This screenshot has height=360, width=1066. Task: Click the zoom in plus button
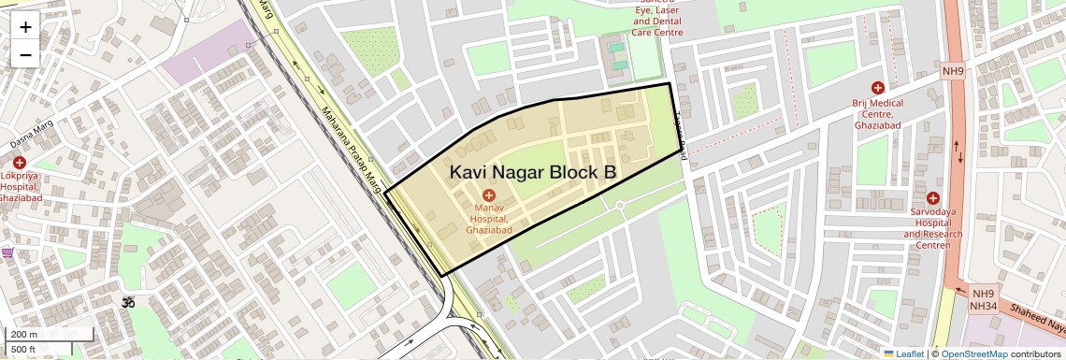[25, 27]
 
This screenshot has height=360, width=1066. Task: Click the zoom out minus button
[25, 54]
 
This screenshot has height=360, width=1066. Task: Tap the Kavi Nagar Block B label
[532, 172]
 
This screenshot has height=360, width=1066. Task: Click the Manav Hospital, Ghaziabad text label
[488, 217]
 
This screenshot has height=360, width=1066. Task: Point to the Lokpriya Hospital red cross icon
[20, 163]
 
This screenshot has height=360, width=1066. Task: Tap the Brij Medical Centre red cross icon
[877, 87]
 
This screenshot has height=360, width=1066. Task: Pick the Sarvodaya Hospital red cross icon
[932, 197]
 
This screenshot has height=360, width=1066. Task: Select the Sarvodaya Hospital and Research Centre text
[932, 228]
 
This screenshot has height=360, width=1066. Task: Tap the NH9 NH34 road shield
[981, 298]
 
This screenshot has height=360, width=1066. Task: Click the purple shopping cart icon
[7, 252]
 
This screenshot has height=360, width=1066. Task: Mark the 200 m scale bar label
[24, 334]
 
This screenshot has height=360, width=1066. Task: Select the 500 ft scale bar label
[23, 350]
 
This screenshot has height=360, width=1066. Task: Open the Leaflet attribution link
[903, 353]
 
